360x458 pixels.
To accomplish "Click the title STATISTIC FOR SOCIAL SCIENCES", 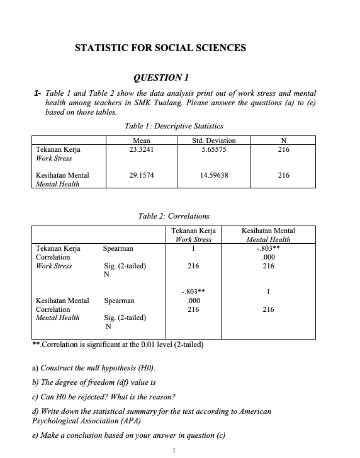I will click(160, 48).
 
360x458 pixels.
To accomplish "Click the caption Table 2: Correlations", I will click(174, 216).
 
